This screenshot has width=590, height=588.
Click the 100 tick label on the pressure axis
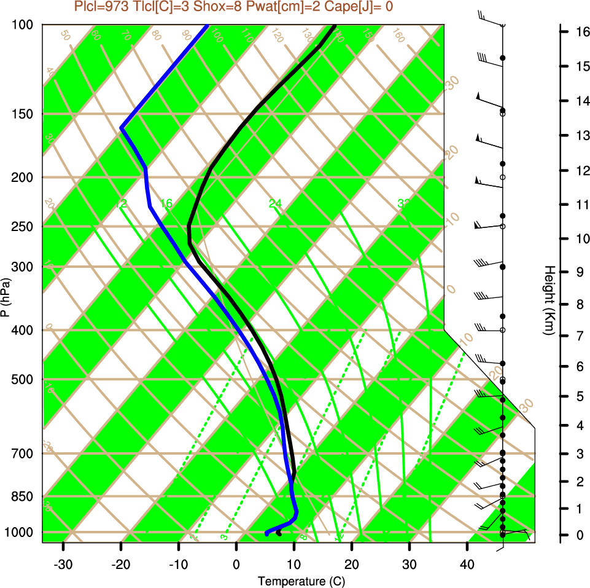point(24,25)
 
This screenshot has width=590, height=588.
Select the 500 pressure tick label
point(24,379)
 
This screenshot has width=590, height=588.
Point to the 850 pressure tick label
point(24,496)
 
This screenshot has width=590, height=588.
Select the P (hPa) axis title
point(6,297)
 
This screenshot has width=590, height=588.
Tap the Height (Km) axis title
point(549,300)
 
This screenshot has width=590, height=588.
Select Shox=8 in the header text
point(214,7)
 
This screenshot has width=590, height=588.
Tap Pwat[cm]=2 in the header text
point(280,7)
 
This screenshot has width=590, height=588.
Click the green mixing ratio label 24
point(275,203)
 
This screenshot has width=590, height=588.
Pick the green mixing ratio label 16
point(166,203)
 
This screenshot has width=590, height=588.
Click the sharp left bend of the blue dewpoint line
point(122,128)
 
